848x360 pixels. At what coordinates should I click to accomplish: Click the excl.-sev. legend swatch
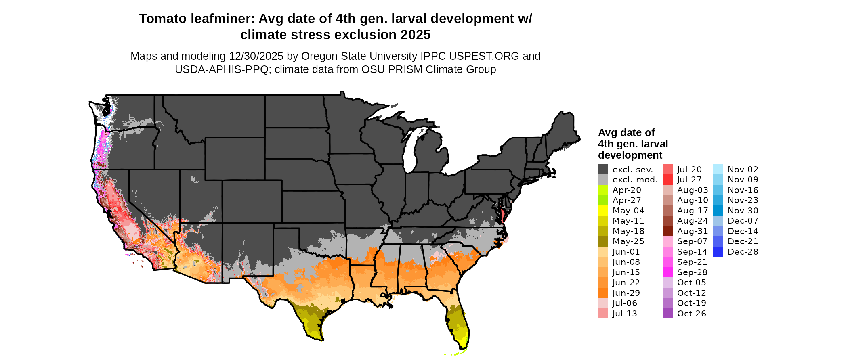coord(603,170)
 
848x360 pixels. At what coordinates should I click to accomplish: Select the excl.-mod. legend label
coord(635,180)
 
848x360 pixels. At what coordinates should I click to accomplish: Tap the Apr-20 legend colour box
coord(603,190)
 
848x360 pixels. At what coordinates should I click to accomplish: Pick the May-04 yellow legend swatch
coord(603,211)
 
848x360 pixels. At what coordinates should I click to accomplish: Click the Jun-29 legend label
coord(626,293)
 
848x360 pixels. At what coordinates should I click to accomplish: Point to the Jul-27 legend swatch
coord(667,180)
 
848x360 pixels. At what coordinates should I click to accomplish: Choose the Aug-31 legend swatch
coord(667,231)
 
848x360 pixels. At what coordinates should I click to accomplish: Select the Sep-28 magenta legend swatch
coord(667,272)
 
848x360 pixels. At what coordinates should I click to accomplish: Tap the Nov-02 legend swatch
coord(718,170)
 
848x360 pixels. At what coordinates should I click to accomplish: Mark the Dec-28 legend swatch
coord(718,252)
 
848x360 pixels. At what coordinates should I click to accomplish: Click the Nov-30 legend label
coord(743,211)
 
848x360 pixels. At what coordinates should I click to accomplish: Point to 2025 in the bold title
coord(416,35)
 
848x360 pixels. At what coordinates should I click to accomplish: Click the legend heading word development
coord(630,155)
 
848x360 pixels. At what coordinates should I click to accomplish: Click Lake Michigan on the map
coord(412,153)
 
